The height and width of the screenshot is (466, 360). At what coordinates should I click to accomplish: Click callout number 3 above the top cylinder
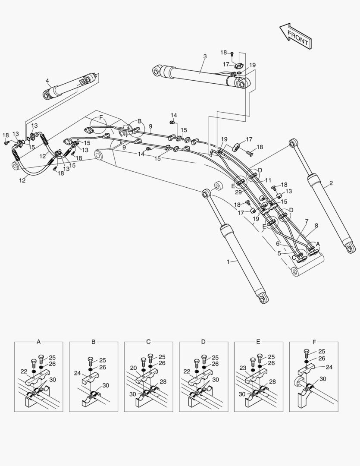coord(205,57)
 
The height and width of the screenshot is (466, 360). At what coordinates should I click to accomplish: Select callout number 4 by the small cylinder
coord(47,80)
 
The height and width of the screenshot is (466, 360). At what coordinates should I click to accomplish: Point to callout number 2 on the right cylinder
coord(331,183)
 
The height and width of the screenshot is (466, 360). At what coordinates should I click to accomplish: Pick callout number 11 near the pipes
coord(268,180)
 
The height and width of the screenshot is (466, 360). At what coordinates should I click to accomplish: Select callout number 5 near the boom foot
coord(279,253)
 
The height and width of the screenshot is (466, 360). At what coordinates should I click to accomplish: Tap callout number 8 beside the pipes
coord(316,225)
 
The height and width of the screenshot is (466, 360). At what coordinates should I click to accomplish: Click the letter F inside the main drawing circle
coord(101,117)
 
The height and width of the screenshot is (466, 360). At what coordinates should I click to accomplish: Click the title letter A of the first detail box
coord(38,342)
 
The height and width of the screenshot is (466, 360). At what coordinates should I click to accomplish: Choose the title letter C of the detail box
coord(148,342)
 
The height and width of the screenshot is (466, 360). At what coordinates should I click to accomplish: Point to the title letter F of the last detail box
coord(313,342)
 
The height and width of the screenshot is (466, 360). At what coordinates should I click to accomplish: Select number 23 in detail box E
coord(243,368)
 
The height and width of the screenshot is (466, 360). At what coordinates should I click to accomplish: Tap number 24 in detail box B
coord(78,373)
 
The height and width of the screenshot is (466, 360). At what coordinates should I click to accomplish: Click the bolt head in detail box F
coord(307,352)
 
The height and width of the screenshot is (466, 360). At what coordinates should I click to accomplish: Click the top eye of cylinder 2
coord(294,142)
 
